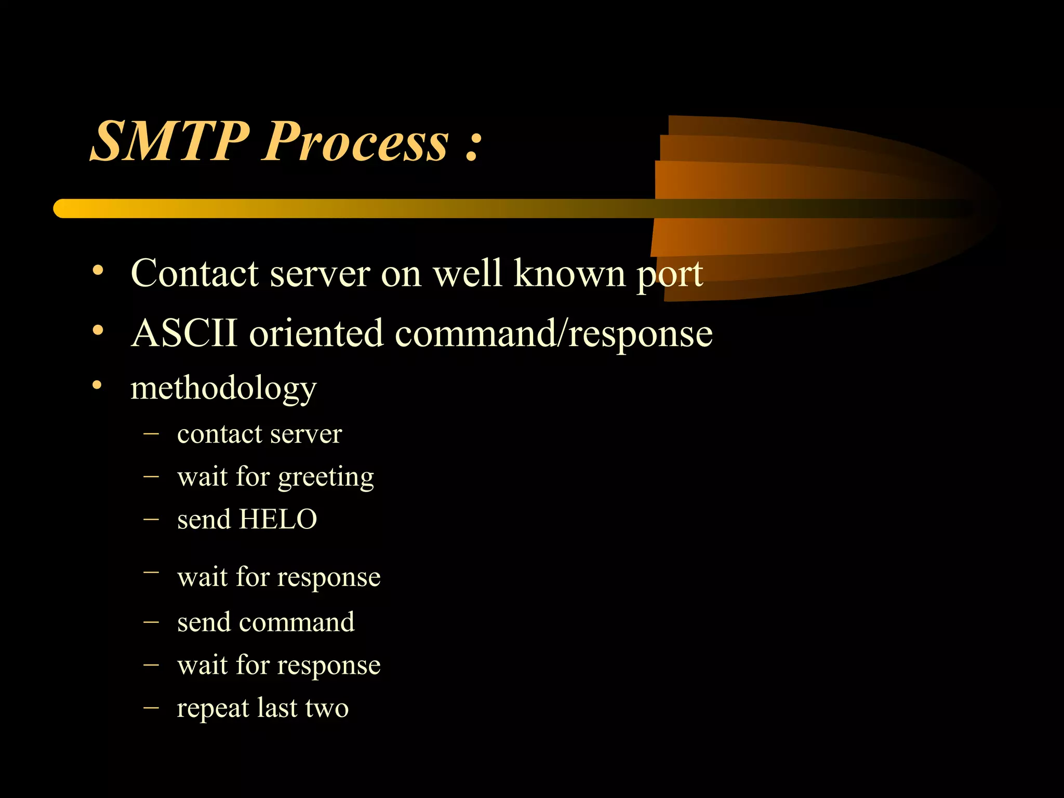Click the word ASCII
184,333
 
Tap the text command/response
553,334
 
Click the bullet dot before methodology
97,385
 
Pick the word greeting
326,478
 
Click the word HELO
277,519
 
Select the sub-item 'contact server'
259,434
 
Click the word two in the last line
327,709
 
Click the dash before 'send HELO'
151,518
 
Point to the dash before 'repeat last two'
151,707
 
